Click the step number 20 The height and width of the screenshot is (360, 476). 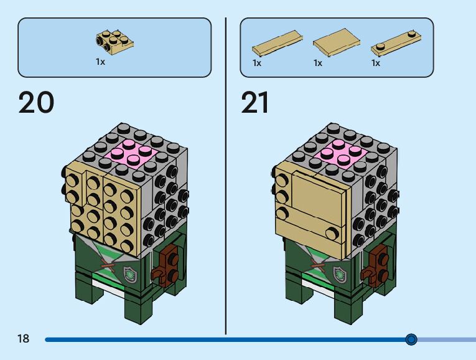[x=37, y=103]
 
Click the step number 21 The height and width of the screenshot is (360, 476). [x=255, y=103]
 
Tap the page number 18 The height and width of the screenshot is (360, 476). [x=24, y=339]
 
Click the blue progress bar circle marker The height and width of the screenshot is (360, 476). [x=411, y=339]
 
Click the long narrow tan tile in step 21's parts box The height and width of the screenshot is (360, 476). [x=276, y=45]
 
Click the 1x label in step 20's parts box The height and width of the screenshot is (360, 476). [x=100, y=62]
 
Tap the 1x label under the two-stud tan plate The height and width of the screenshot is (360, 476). [x=376, y=63]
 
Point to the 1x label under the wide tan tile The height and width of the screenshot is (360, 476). [x=318, y=63]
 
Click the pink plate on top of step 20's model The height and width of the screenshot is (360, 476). [x=129, y=152]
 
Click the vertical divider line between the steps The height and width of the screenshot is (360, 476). [x=226, y=174]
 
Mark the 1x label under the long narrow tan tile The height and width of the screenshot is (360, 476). [x=257, y=63]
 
